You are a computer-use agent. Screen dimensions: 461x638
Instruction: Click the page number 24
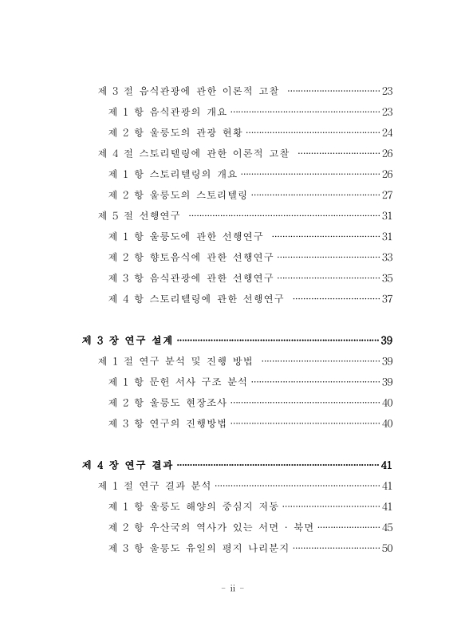point(387,132)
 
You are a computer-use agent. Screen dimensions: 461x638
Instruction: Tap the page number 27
point(387,194)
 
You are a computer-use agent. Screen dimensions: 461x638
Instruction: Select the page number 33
point(387,257)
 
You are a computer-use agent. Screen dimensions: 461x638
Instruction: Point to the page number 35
point(387,278)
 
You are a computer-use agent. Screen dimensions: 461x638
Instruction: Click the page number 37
point(387,299)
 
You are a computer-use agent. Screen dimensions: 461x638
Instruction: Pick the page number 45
point(387,527)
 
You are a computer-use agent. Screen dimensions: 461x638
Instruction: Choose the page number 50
point(387,548)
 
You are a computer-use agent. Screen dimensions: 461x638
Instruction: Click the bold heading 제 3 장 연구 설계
point(127,341)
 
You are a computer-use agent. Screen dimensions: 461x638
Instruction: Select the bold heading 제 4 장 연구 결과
point(127,465)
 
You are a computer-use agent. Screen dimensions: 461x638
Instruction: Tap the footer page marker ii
point(230,591)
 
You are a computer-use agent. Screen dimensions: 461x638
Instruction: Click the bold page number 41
point(387,465)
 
